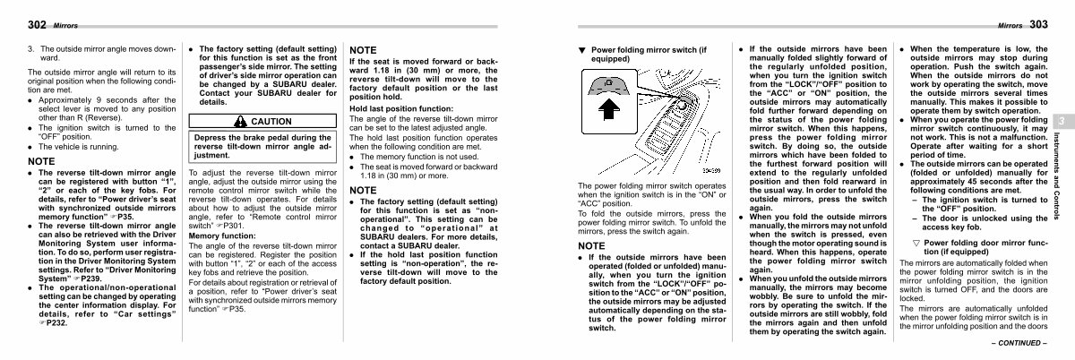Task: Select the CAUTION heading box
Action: [259, 121]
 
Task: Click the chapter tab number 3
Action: [1059, 122]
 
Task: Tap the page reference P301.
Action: [235, 226]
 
